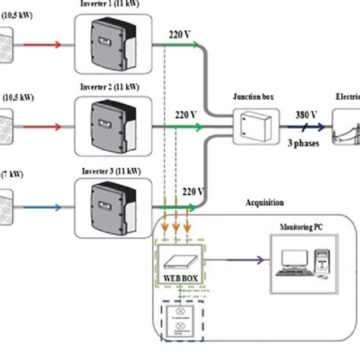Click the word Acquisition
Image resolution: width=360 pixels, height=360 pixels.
(265, 203)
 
